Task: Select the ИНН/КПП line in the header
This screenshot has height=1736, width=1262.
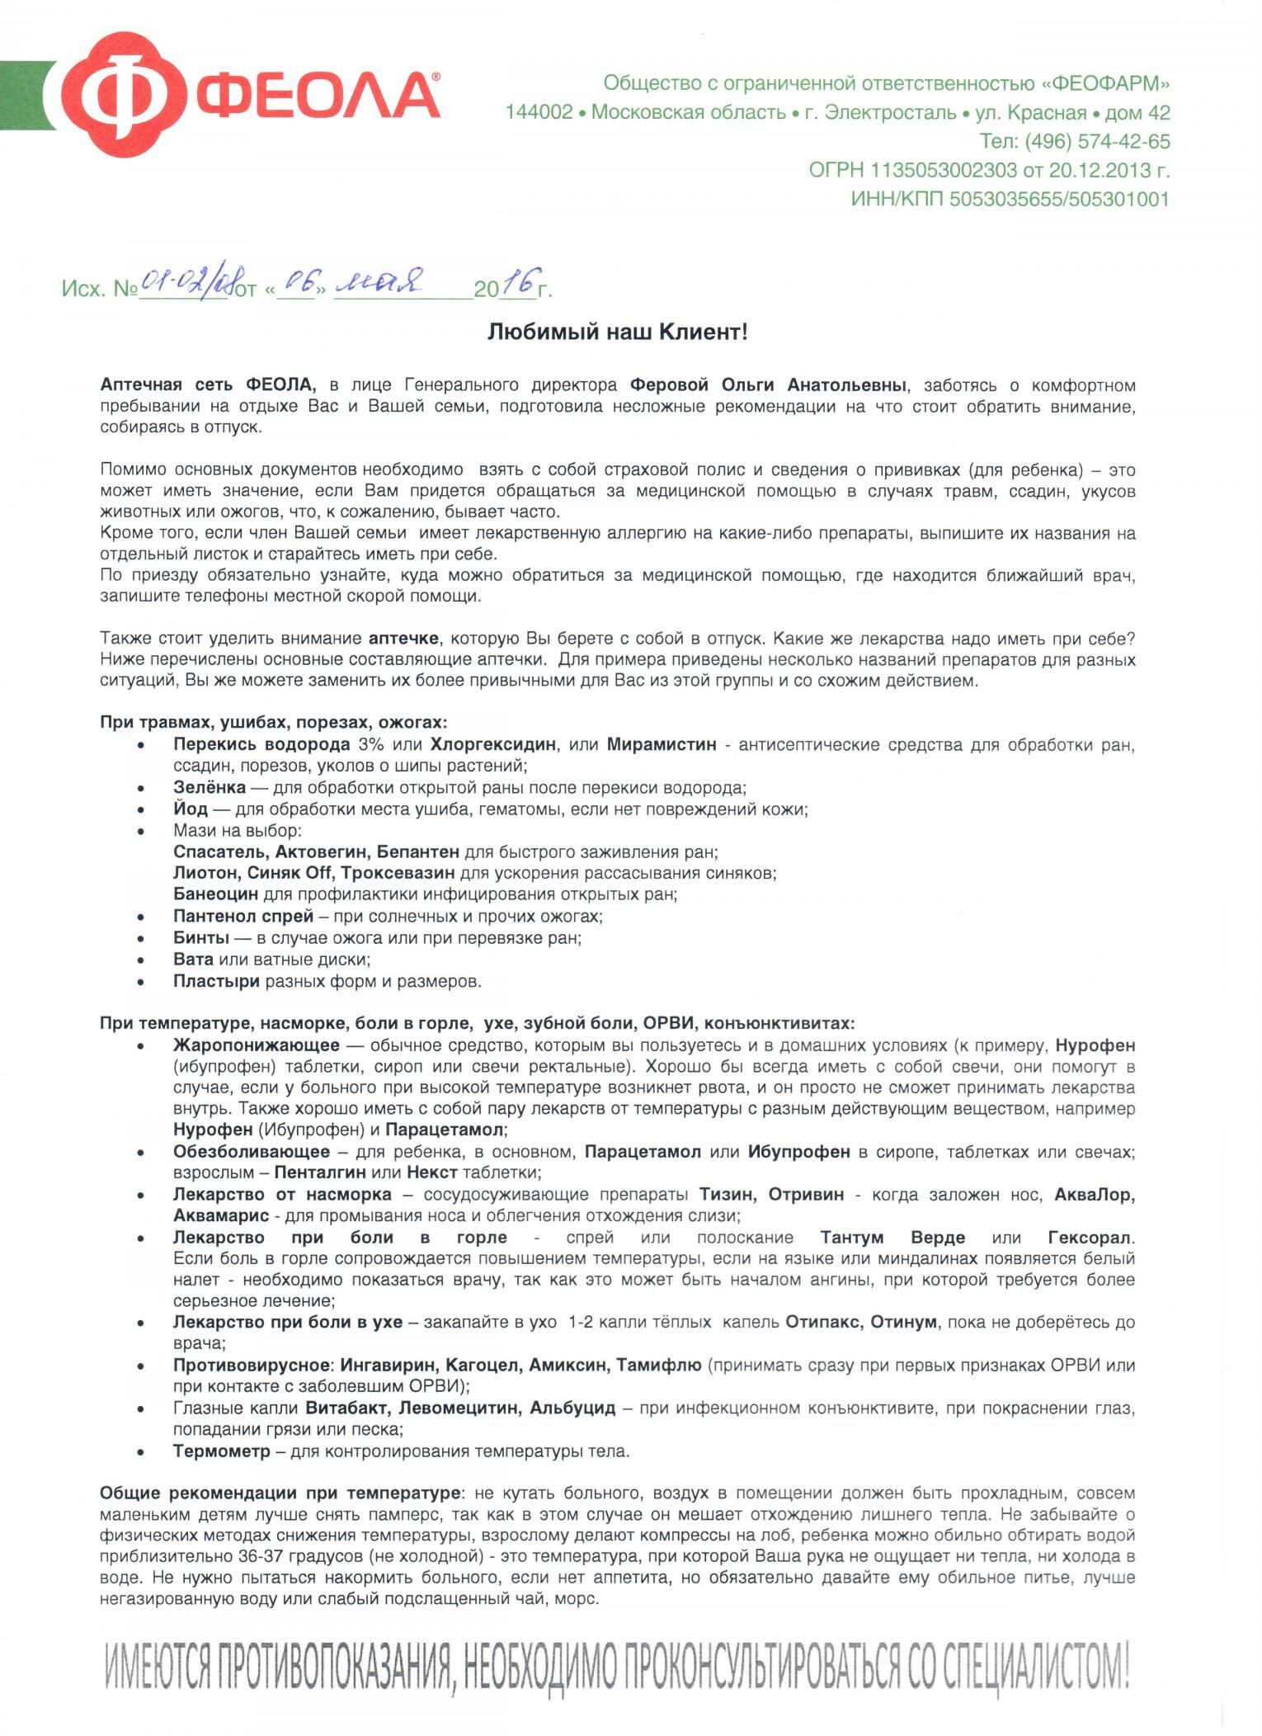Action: click(1010, 199)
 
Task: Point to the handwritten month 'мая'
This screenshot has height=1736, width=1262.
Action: click(380, 283)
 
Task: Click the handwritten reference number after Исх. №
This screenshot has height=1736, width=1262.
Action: click(186, 283)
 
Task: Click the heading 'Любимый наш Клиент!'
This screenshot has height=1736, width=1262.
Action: click(618, 332)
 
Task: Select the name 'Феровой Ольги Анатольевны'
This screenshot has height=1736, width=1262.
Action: click(769, 384)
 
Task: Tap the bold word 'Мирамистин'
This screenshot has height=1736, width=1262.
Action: click(662, 744)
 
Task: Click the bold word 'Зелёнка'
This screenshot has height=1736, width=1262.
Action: click(209, 787)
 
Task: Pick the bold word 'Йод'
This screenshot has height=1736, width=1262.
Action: click(190, 809)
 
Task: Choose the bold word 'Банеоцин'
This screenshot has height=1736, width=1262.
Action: click(215, 894)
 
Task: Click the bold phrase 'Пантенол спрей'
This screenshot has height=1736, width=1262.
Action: click(243, 916)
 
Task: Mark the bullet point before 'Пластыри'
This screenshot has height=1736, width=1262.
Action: click(143, 982)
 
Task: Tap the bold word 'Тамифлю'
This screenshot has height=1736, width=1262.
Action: click(659, 1365)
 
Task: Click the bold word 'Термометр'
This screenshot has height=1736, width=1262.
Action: click(221, 1451)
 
